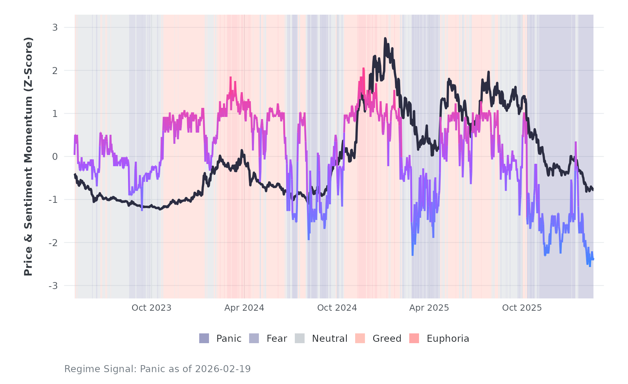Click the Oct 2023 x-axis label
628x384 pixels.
151,308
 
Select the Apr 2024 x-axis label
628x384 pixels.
244,308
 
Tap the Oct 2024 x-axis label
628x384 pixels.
337,308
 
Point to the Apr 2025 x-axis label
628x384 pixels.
429,308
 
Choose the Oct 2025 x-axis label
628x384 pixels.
522,308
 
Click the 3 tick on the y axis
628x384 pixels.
55,28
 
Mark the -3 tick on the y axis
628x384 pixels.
53,286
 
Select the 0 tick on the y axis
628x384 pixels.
55,157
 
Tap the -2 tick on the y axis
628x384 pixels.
53,243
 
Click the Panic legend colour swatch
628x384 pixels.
204,338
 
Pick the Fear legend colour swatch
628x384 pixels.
254,338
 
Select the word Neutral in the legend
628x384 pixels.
330,339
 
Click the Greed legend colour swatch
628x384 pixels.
360,338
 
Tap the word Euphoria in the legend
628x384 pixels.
448,339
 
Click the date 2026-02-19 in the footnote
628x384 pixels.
223,369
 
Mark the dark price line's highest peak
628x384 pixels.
385,38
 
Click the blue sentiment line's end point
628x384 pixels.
593,259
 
